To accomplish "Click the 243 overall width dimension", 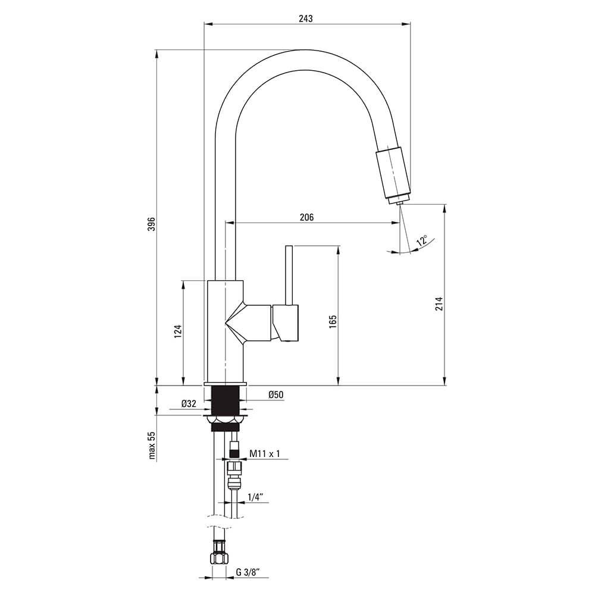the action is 305,18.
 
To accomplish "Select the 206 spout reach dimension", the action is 306,217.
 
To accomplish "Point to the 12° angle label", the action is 422,241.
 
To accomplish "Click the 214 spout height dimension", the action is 439,303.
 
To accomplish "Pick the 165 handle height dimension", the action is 333,322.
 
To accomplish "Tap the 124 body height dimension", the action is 178,331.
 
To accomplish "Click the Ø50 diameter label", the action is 276,394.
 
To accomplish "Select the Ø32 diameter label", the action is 189,404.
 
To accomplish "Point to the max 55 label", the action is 152,446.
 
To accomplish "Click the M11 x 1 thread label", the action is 265,453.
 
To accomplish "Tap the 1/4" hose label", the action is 255,497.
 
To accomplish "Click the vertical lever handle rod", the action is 289,275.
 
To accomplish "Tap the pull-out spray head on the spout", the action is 393,173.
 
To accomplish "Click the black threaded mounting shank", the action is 226,400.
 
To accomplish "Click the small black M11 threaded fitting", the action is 234,452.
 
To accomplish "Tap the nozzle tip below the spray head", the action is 400,203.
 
